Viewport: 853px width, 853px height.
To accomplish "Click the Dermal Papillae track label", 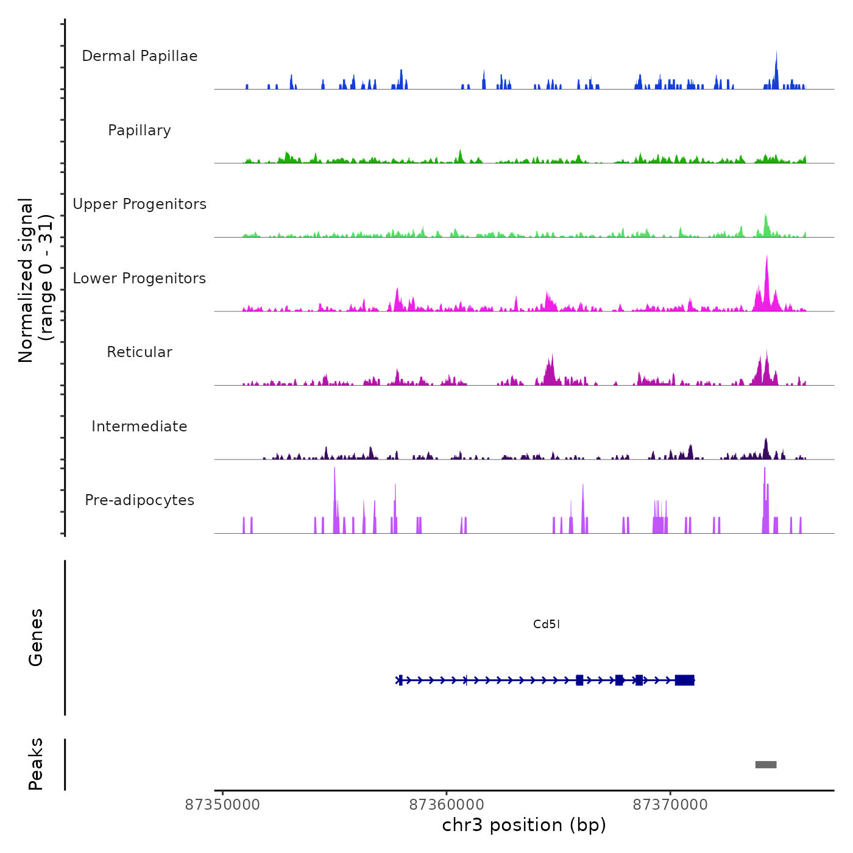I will pyautogui.click(x=140, y=56).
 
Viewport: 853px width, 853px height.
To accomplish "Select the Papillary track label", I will pyautogui.click(x=140, y=130).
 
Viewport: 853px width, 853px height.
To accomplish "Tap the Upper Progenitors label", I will pyautogui.click(x=140, y=204).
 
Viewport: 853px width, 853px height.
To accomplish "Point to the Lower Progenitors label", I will pyautogui.click(x=140, y=278).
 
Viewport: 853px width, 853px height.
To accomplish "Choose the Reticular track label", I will pyautogui.click(x=140, y=352).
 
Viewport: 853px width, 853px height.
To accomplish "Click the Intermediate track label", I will pyautogui.click(x=140, y=426).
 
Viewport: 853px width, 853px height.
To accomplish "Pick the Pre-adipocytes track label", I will pyautogui.click(x=140, y=500).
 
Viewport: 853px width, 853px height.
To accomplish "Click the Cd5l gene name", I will pyautogui.click(x=546, y=624).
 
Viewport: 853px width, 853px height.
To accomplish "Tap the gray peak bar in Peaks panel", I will pyautogui.click(x=766, y=765).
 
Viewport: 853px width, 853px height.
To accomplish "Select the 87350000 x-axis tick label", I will pyautogui.click(x=222, y=805).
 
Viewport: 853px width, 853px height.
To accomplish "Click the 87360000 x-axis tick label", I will pyautogui.click(x=447, y=805).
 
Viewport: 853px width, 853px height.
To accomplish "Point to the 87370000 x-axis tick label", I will pyautogui.click(x=670, y=805).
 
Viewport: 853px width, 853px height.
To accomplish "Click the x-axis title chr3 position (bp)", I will pyautogui.click(x=524, y=825).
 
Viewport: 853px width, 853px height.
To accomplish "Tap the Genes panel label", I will pyautogui.click(x=36, y=637).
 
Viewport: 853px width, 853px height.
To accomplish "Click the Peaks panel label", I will pyautogui.click(x=36, y=764).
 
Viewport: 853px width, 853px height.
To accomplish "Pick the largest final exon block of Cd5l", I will pyautogui.click(x=685, y=680).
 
